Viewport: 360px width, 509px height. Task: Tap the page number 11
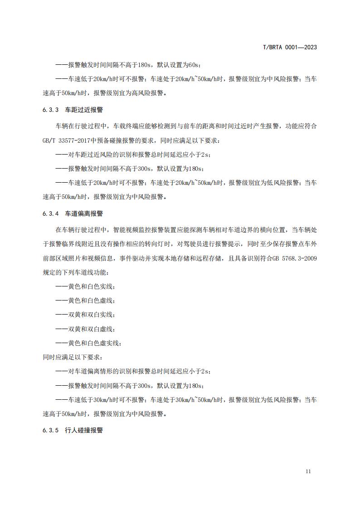308,471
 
